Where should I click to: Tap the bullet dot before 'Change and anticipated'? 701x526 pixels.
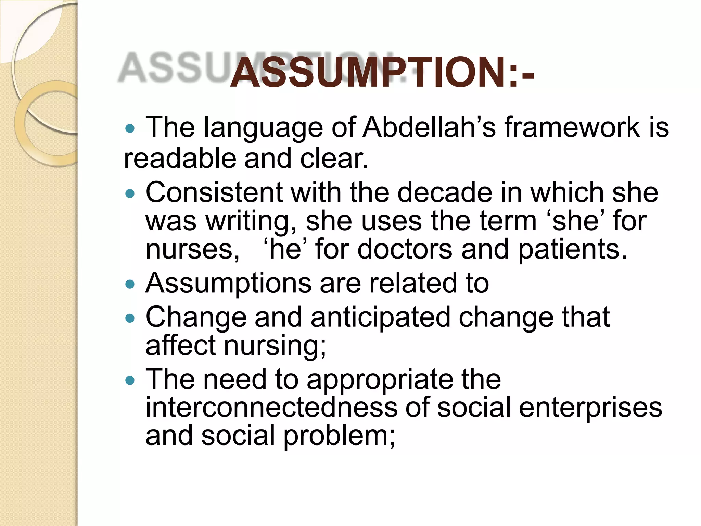130,319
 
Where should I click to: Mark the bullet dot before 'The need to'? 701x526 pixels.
130,380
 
